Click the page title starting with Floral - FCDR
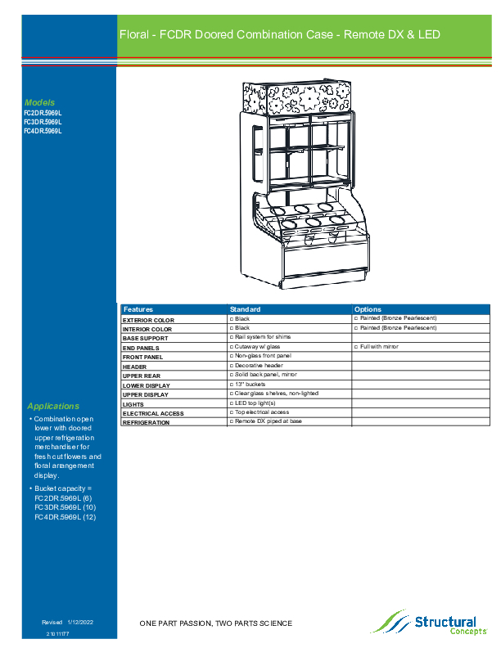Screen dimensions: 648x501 280,34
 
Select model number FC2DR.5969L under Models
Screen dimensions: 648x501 43,113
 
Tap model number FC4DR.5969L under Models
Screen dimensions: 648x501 43,131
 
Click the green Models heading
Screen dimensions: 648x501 39,102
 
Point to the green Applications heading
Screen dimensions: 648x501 53,406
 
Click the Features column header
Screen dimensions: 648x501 138,309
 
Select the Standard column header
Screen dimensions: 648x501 245,309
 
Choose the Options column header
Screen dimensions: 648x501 368,309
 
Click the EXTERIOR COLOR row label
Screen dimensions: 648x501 148,320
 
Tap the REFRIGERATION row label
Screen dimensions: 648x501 147,423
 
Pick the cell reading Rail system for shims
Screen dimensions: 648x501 262,336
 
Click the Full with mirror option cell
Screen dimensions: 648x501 377,347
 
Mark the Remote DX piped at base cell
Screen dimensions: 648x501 268,421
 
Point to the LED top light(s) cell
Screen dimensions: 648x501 255,403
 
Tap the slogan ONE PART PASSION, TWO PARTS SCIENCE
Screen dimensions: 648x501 215,623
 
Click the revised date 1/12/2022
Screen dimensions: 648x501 80,623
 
